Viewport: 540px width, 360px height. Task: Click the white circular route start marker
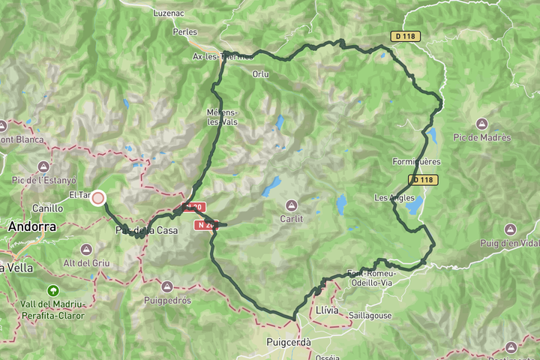97,198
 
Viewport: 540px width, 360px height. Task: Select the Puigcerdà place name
288,342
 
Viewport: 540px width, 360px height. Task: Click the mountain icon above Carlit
291,205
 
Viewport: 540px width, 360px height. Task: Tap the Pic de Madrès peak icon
481,123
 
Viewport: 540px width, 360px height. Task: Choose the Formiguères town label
416,161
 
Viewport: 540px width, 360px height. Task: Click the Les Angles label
393,197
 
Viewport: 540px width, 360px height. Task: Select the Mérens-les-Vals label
223,117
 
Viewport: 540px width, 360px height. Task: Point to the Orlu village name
261,73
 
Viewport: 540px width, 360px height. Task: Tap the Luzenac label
168,13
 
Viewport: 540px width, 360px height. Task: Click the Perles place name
184,32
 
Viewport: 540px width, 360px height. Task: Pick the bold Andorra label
32,226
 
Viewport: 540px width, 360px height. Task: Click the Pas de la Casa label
147,230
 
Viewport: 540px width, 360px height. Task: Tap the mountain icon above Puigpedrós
167,286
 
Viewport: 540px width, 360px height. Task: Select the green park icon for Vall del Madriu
53,290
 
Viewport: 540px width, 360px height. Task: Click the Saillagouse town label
369,316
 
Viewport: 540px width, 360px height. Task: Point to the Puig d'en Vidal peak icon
510,228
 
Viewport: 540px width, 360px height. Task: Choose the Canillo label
48,208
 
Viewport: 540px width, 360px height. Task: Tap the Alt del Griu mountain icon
87,249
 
